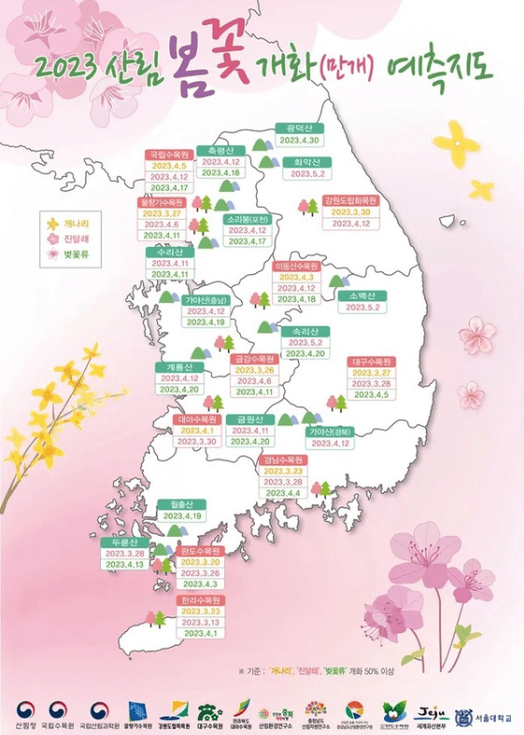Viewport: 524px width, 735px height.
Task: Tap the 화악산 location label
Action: pos(301,162)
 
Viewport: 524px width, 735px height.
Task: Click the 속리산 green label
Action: pos(304,331)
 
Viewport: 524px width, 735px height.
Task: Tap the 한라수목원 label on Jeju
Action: pos(200,599)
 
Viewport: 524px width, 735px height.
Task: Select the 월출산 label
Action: pos(182,504)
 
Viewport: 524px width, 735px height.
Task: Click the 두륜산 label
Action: pos(124,541)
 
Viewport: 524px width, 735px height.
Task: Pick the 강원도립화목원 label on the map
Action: pos(350,200)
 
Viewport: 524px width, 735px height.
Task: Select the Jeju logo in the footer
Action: pos(433,715)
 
